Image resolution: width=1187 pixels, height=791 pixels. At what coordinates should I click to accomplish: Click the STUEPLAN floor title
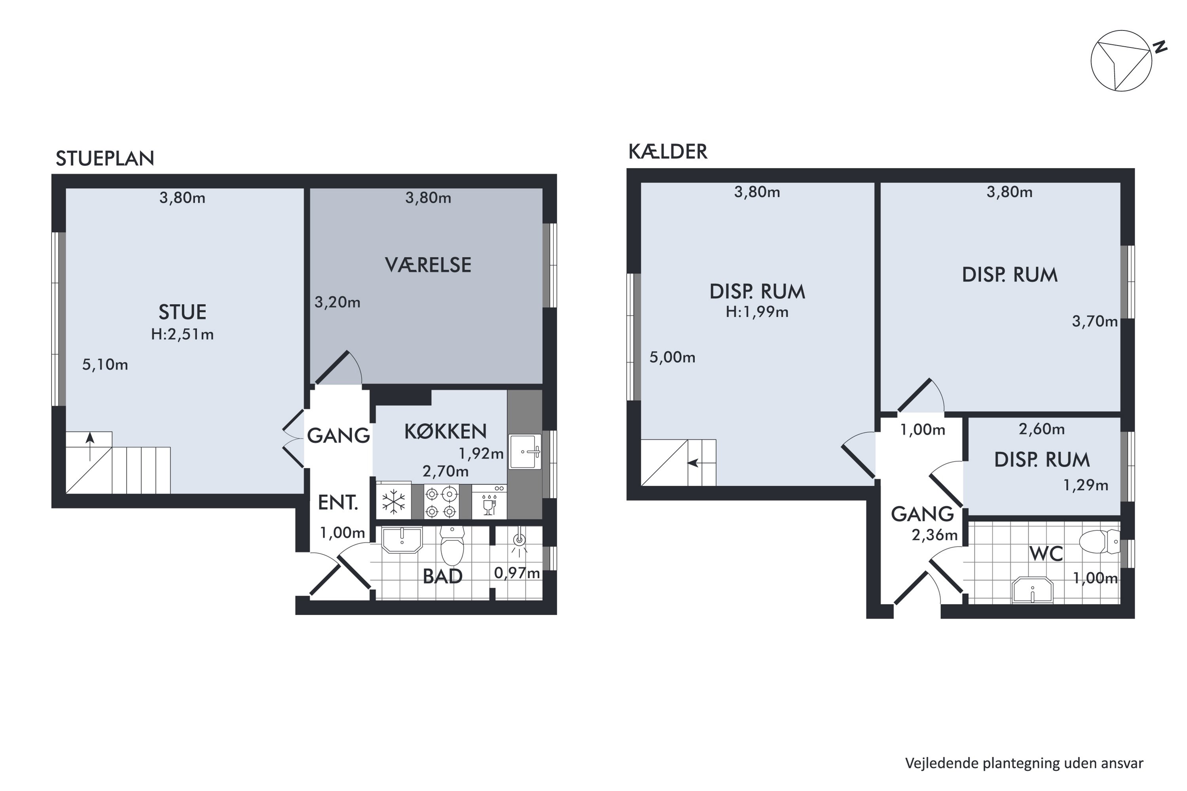coord(104,159)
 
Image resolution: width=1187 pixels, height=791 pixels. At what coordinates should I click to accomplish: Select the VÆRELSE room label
coord(428,265)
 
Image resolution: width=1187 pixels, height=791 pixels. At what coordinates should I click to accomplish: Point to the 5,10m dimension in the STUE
coord(105,364)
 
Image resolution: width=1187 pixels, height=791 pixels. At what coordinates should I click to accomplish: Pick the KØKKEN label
coord(445,431)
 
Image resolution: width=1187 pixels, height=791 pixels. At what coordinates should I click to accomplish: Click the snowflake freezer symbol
coord(394,502)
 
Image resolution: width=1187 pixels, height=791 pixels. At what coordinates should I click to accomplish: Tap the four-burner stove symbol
coord(441,501)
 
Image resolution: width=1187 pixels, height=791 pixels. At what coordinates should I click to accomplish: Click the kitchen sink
coord(525,452)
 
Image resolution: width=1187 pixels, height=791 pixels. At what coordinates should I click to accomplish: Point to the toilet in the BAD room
coord(452,546)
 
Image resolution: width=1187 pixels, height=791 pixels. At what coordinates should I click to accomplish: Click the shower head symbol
coord(519,540)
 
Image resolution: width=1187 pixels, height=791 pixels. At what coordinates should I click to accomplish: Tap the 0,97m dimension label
coord(517,573)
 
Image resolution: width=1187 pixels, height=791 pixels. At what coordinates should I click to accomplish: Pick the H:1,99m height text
coord(757,312)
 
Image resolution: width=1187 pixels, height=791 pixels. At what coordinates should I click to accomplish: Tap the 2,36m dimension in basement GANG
coord(934,535)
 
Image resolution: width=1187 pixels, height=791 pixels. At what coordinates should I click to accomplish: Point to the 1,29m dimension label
coord(1086,485)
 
